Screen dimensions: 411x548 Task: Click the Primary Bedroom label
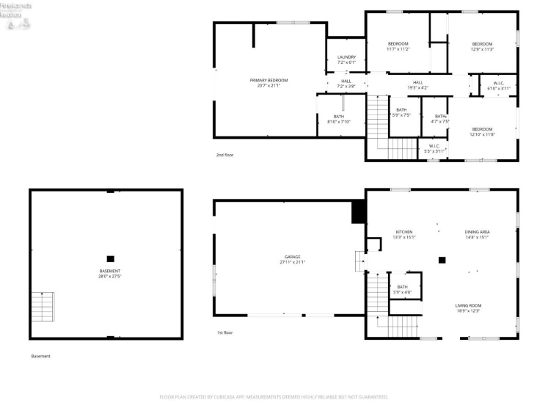tap(268, 83)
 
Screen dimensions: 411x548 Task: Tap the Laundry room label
tap(346, 59)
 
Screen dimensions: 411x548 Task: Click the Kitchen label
tap(405, 234)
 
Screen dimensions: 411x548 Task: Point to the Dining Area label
tap(477, 234)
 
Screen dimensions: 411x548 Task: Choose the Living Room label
tap(467, 308)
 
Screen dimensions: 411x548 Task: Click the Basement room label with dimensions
tap(110, 273)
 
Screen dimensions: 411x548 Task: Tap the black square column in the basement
tap(110, 258)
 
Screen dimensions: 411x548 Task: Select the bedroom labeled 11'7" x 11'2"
tap(398, 46)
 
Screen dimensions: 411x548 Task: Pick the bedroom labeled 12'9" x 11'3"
tap(482, 46)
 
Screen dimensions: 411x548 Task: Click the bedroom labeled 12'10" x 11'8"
tap(482, 132)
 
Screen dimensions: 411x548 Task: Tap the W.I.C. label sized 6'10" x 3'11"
tap(498, 86)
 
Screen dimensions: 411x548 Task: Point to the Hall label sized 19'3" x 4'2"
tap(417, 85)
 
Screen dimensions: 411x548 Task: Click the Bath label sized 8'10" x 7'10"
tap(339, 119)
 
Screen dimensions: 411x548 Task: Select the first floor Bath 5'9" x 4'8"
tap(403, 289)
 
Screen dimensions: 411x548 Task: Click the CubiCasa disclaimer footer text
tap(274, 397)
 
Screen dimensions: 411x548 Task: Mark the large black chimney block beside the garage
tap(359, 212)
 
